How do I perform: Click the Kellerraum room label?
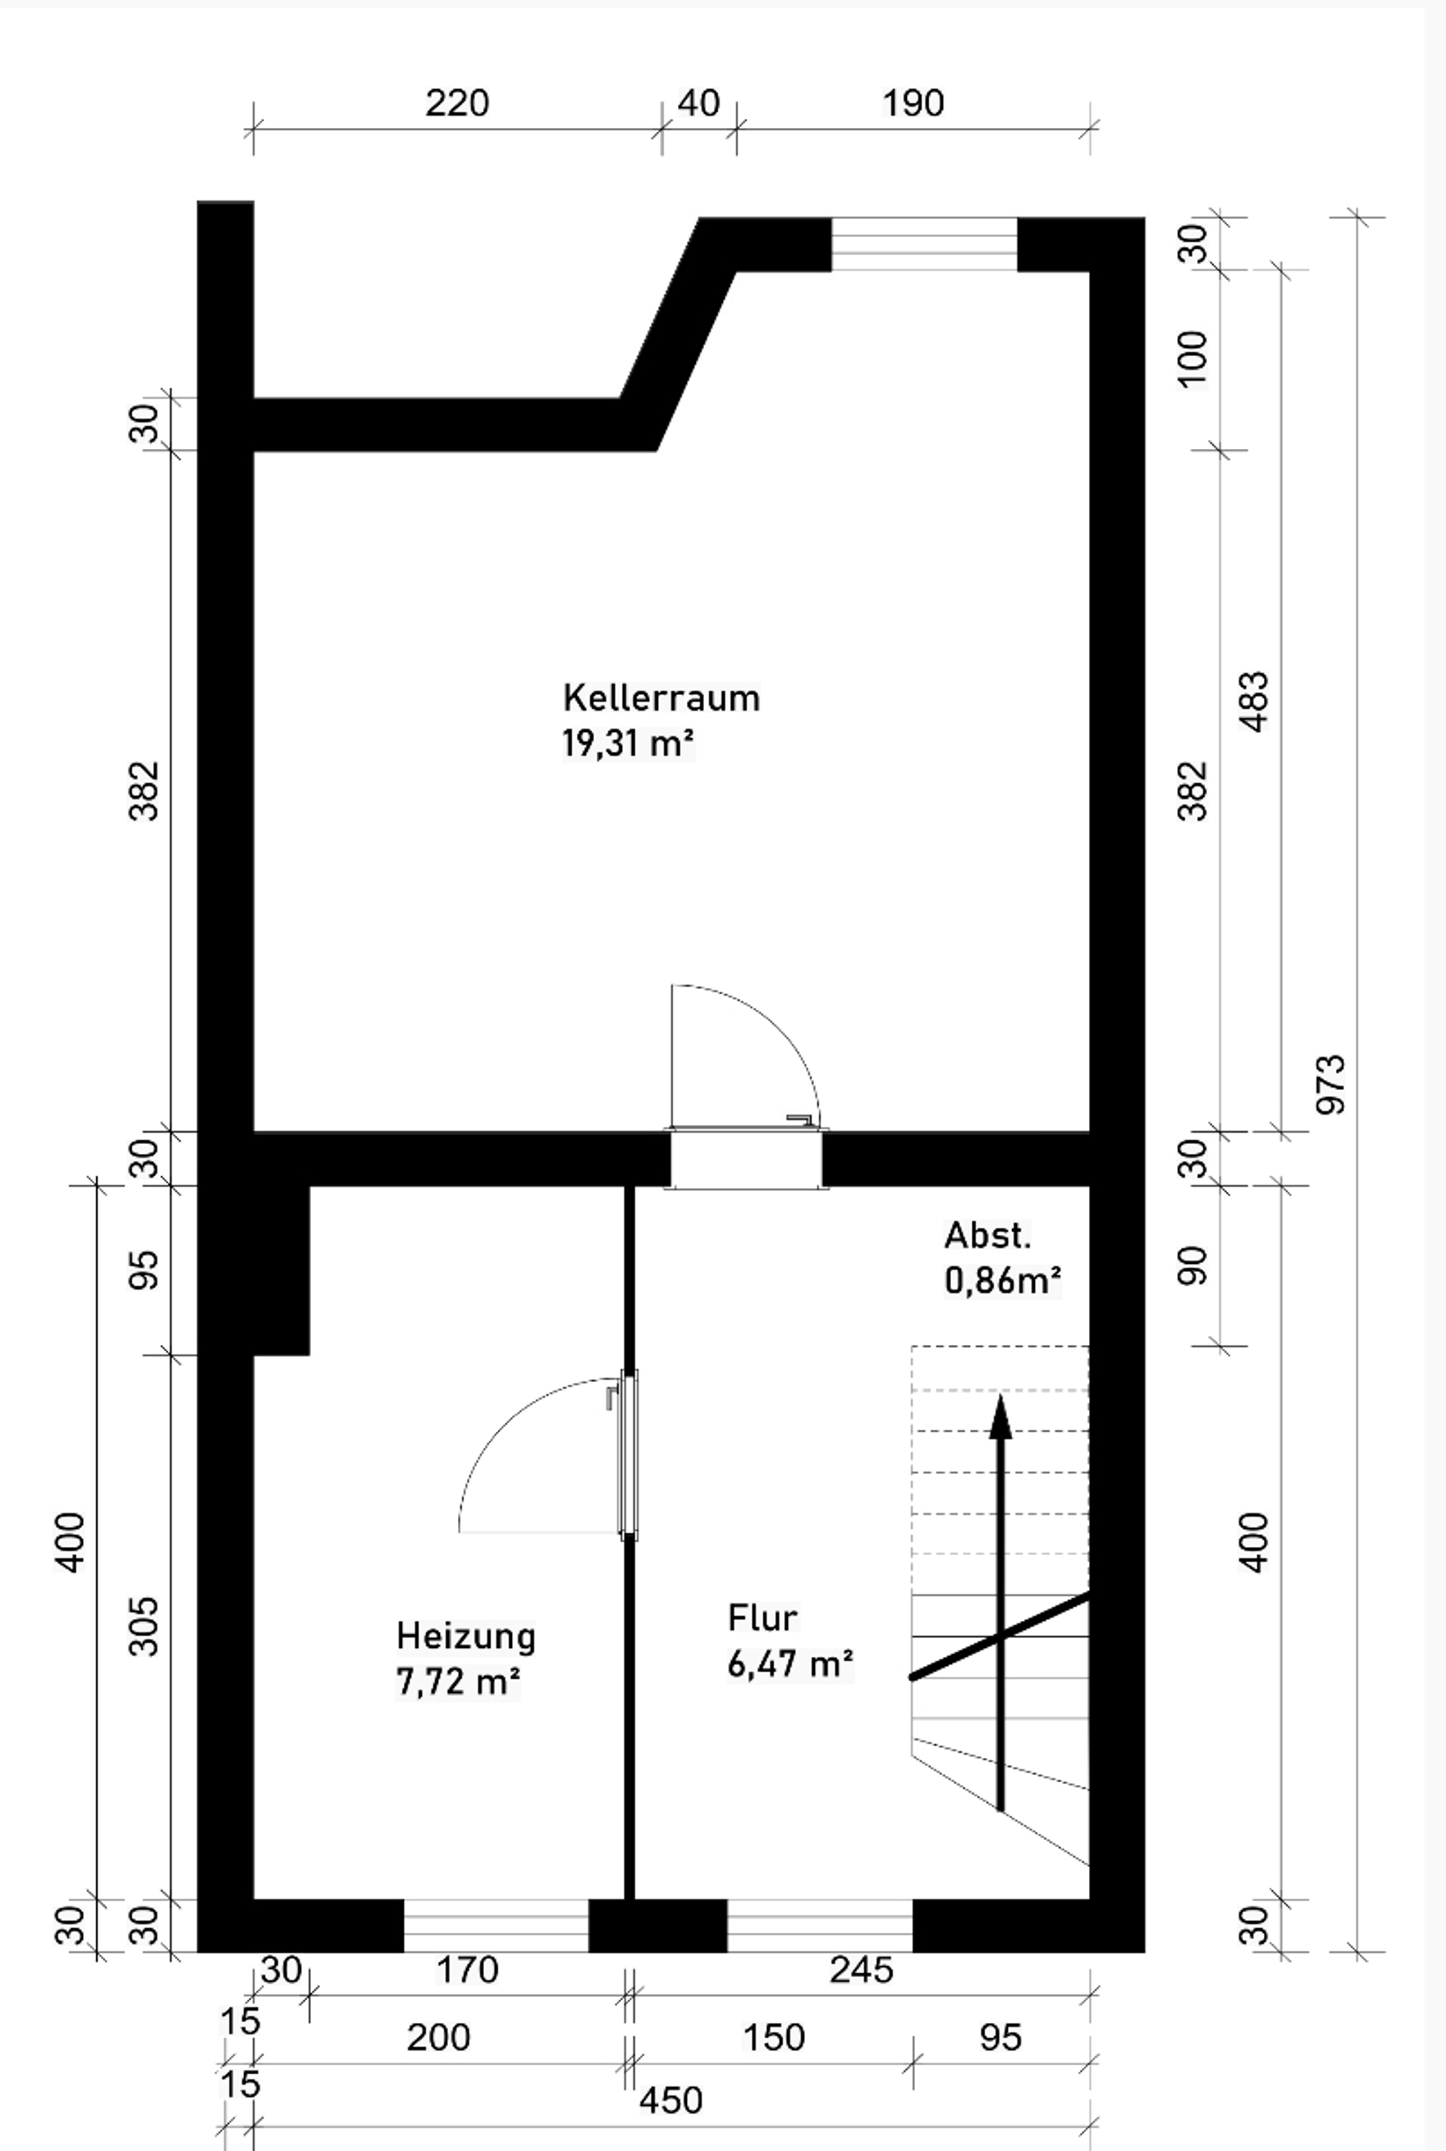coord(661,698)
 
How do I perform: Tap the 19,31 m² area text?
coord(627,743)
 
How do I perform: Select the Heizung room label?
coord(465,1636)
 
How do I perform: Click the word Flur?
coord(761,1617)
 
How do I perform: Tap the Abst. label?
coord(987,1234)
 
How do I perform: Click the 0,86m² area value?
coord(1003,1280)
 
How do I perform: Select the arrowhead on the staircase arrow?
coord(1001,1417)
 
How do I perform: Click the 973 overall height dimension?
coord(1331,1085)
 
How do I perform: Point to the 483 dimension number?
coord(1255,702)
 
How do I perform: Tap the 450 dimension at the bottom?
coord(670,2101)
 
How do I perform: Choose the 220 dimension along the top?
coord(456,102)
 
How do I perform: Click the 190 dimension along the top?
coord(913,102)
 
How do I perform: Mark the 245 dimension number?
coord(862,1969)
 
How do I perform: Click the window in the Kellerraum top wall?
coord(924,244)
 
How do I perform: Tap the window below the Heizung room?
coord(496,1925)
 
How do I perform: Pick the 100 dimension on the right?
coord(1192,359)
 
